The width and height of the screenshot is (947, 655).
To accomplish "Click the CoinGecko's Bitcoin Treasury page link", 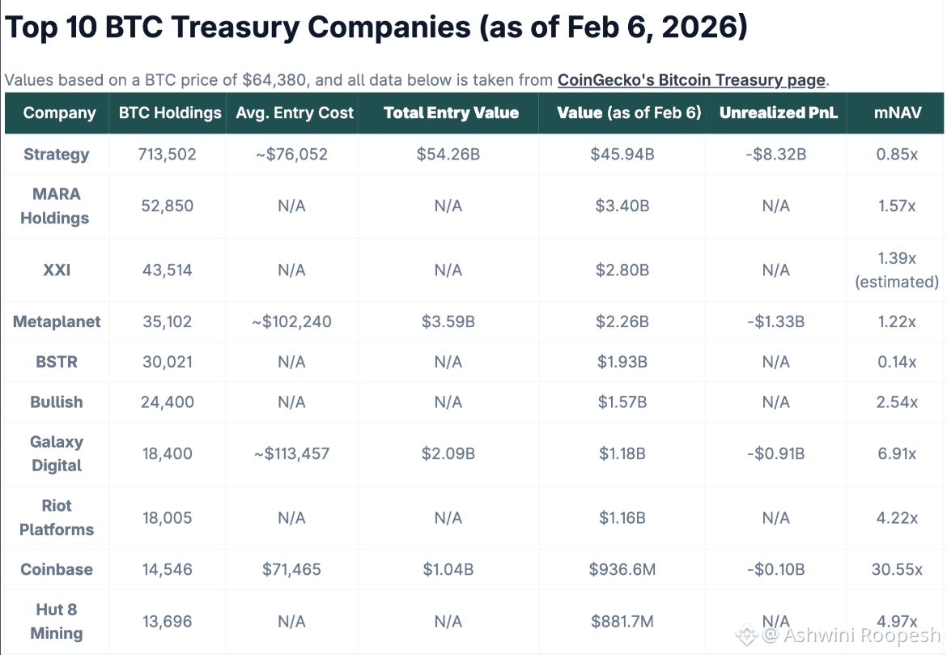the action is (x=691, y=80).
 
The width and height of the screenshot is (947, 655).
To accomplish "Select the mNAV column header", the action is (x=898, y=113).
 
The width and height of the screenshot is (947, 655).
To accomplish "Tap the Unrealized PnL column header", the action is (x=779, y=113).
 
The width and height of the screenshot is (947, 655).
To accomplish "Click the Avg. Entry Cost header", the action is (x=295, y=113).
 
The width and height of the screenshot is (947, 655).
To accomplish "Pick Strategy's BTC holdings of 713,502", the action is (x=168, y=154).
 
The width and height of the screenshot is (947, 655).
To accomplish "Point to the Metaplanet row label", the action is (x=57, y=321).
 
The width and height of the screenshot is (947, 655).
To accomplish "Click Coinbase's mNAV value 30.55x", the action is (x=897, y=569).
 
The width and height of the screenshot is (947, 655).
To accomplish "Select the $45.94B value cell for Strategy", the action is (x=622, y=154).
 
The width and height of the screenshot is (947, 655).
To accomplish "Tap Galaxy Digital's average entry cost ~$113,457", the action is (x=291, y=453).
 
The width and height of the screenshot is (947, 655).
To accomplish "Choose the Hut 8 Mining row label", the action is (x=57, y=621).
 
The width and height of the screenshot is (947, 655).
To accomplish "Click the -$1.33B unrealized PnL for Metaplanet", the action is (x=776, y=321).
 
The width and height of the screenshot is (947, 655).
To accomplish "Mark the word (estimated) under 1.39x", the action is (x=897, y=282).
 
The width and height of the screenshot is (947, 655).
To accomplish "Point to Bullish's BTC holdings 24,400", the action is (x=168, y=402).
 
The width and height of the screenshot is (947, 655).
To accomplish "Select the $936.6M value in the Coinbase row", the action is (x=622, y=569).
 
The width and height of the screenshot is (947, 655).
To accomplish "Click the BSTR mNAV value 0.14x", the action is (x=897, y=362).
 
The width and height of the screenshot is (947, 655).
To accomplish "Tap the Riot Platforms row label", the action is (x=57, y=517).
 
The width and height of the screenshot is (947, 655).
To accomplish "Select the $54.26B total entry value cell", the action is (x=448, y=154).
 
